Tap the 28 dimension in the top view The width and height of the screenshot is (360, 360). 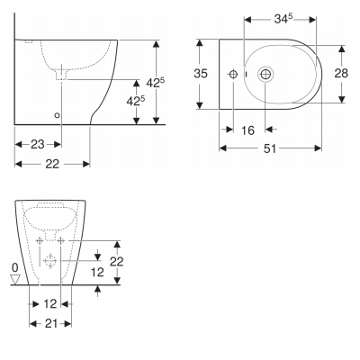341,74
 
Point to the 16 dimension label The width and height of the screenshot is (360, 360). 249,131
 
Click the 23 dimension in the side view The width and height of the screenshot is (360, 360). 38,144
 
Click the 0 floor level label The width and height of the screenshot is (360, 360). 13,267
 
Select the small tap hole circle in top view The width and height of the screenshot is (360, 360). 233,74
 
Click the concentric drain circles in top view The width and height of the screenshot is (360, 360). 266,74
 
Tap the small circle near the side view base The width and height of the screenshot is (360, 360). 58,115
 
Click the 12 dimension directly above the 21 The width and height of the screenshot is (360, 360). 50,303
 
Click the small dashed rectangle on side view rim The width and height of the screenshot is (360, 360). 29,42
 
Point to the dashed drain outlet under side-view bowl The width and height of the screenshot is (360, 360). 61,76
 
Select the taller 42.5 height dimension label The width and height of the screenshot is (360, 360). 157,82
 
